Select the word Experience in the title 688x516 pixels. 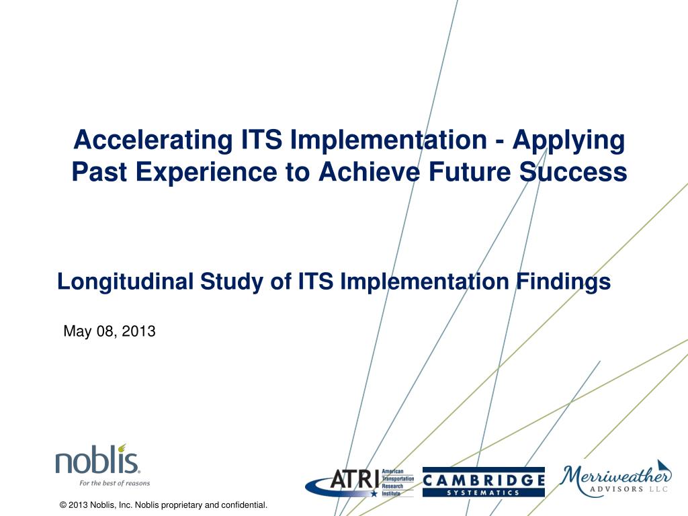(206, 173)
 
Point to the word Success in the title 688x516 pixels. (574, 171)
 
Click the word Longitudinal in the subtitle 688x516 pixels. (126, 282)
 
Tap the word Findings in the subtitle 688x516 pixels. (563, 282)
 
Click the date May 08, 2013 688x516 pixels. (110, 331)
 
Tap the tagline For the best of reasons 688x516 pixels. (114, 483)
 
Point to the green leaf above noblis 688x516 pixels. (122, 447)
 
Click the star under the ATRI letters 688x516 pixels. (374, 493)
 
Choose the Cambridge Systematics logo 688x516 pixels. (484, 482)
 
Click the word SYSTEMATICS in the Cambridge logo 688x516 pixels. (483, 492)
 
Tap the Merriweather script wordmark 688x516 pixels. (617, 475)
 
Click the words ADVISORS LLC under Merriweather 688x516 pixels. (629, 489)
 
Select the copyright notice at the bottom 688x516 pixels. (163, 505)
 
